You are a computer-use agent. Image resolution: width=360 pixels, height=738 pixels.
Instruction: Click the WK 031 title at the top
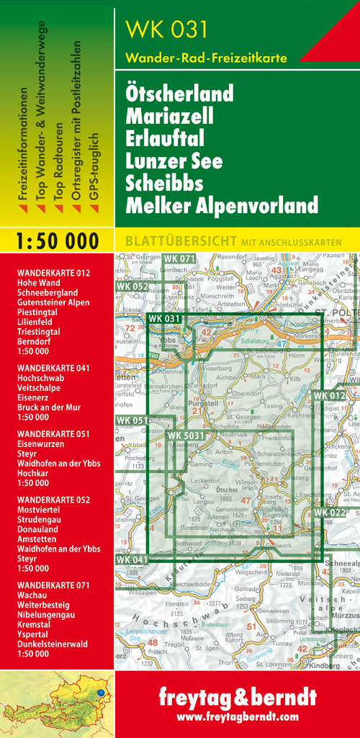tap(166, 30)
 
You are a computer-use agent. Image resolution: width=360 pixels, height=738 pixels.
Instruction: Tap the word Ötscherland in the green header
tap(179, 94)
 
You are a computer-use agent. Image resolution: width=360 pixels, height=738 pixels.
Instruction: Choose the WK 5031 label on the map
tap(186, 435)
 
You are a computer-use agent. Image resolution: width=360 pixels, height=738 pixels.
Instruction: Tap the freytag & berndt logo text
tap(237, 698)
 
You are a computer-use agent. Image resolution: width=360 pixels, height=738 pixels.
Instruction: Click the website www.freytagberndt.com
tap(237, 717)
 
